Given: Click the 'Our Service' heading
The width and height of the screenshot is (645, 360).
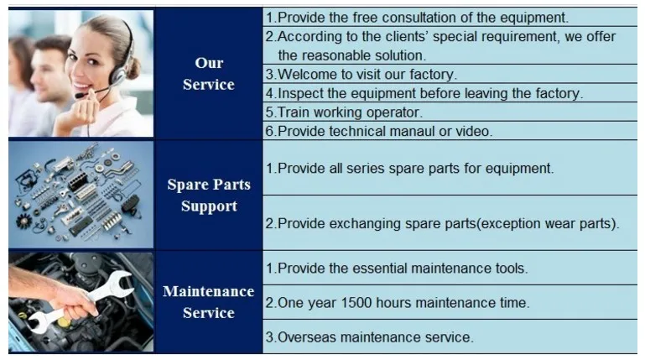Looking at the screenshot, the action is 209,74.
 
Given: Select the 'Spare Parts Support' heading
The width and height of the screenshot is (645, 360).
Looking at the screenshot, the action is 209,195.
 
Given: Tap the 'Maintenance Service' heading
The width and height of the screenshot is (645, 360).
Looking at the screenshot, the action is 209,302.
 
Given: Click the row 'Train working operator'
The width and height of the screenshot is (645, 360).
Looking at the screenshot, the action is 344,112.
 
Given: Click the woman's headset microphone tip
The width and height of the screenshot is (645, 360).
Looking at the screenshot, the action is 78,96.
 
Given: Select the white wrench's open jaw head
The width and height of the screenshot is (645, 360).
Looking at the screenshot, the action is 117,285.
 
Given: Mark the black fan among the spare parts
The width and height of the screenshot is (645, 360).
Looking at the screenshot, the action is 23,222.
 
